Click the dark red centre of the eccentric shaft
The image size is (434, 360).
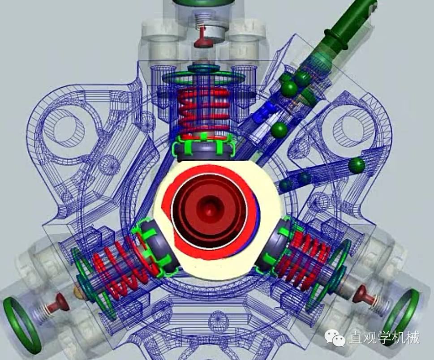pos(209,211)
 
